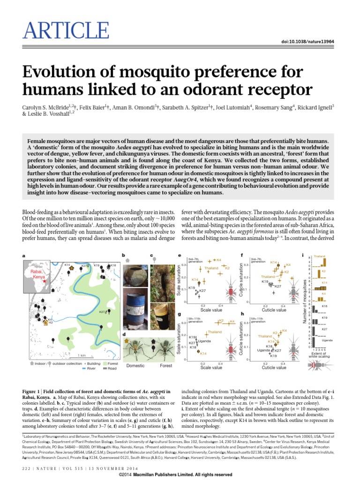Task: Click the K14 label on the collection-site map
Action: [67, 266]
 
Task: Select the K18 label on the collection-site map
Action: [113, 266]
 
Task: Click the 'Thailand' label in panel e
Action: [211, 268]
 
